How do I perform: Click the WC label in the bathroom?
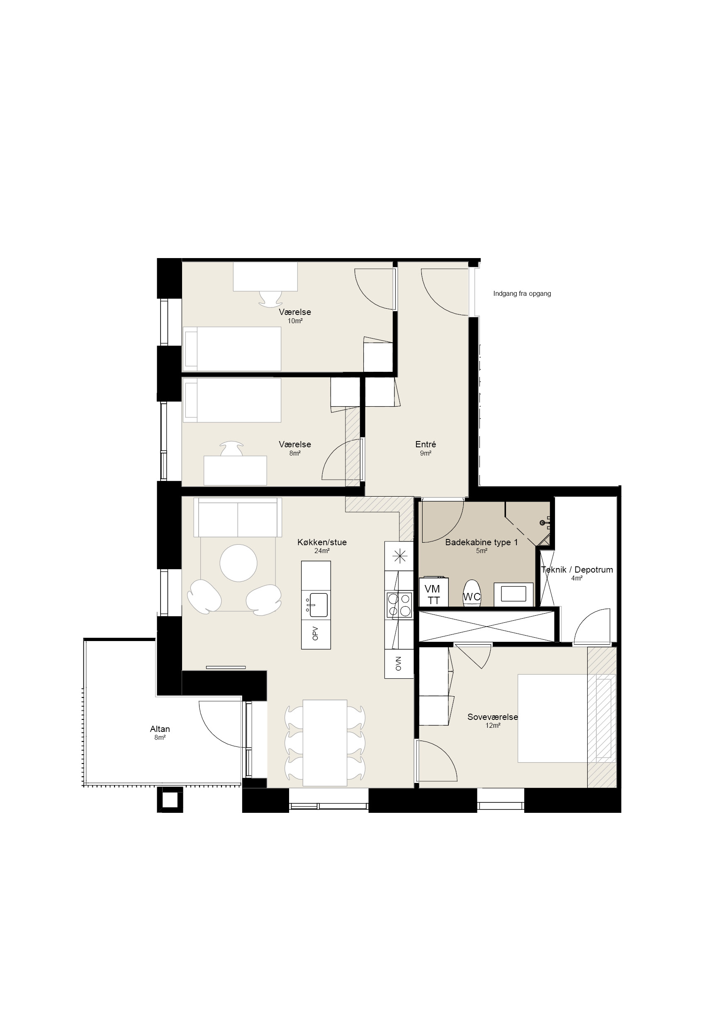[x=472, y=597]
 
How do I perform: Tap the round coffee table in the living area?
[x=238, y=563]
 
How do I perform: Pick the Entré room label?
[x=426, y=444]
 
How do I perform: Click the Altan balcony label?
[x=160, y=729]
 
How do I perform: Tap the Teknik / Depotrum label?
[x=577, y=570]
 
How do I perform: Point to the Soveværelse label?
[x=492, y=717]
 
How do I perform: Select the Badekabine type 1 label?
[x=482, y=542]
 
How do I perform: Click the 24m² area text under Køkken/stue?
[x=322, y=551]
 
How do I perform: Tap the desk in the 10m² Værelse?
[x=265, y=276]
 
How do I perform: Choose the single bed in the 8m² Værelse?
[x=232, y=400]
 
